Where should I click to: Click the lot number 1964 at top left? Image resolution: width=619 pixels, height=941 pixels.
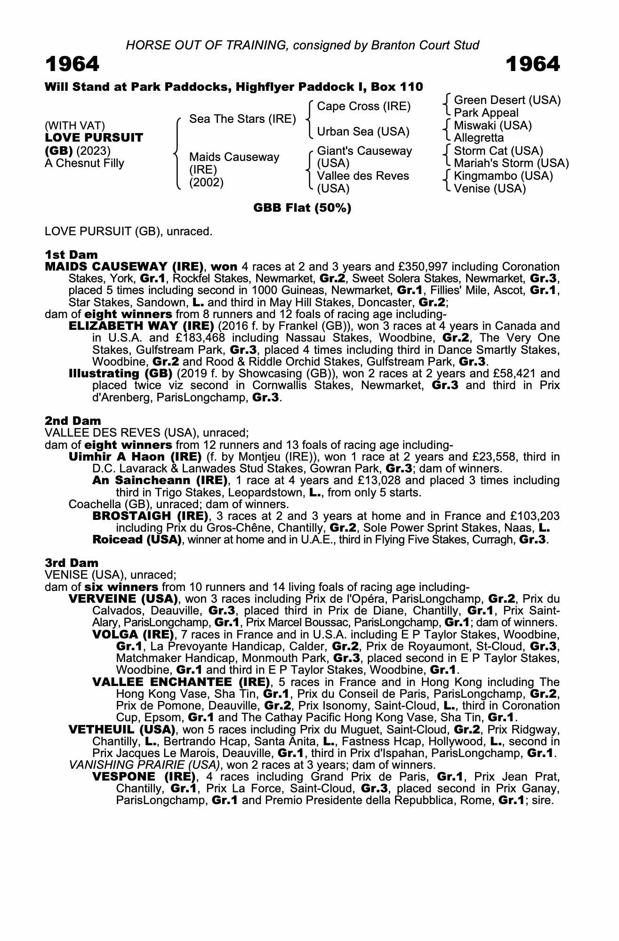coord(72,64)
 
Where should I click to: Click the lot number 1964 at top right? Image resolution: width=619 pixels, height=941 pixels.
coord(533,64)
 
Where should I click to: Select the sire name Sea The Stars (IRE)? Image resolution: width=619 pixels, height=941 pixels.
coord(242,119)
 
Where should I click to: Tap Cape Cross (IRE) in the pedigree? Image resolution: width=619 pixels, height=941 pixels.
coord(363,106)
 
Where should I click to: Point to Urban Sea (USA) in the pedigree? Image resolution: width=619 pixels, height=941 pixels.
coord(363,131)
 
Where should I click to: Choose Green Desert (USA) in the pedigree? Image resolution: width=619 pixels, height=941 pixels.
coord(507,100)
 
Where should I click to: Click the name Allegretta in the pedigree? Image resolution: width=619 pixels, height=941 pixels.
coord(479,138)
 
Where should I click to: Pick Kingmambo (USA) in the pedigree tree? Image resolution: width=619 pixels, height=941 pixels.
coord(503,176)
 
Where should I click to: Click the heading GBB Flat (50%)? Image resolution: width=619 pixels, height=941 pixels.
coord(302,208)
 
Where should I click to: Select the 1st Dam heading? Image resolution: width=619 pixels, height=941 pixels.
coord(71,255)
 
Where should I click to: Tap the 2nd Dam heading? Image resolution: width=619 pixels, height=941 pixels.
coord(72,421)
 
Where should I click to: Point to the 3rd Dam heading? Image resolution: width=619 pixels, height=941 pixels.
coord(72,563)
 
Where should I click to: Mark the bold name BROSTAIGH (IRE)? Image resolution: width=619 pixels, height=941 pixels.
coord(150,516)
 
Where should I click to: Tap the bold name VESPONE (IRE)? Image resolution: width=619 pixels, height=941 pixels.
coord(144,776)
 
